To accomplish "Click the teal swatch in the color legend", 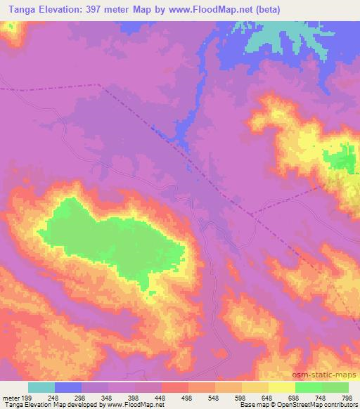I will tap(41, 387).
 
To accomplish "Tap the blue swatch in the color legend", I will tap(68, 387).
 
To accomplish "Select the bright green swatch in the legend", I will tap(309, 387).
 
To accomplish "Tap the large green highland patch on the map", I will tap(105, 239).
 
